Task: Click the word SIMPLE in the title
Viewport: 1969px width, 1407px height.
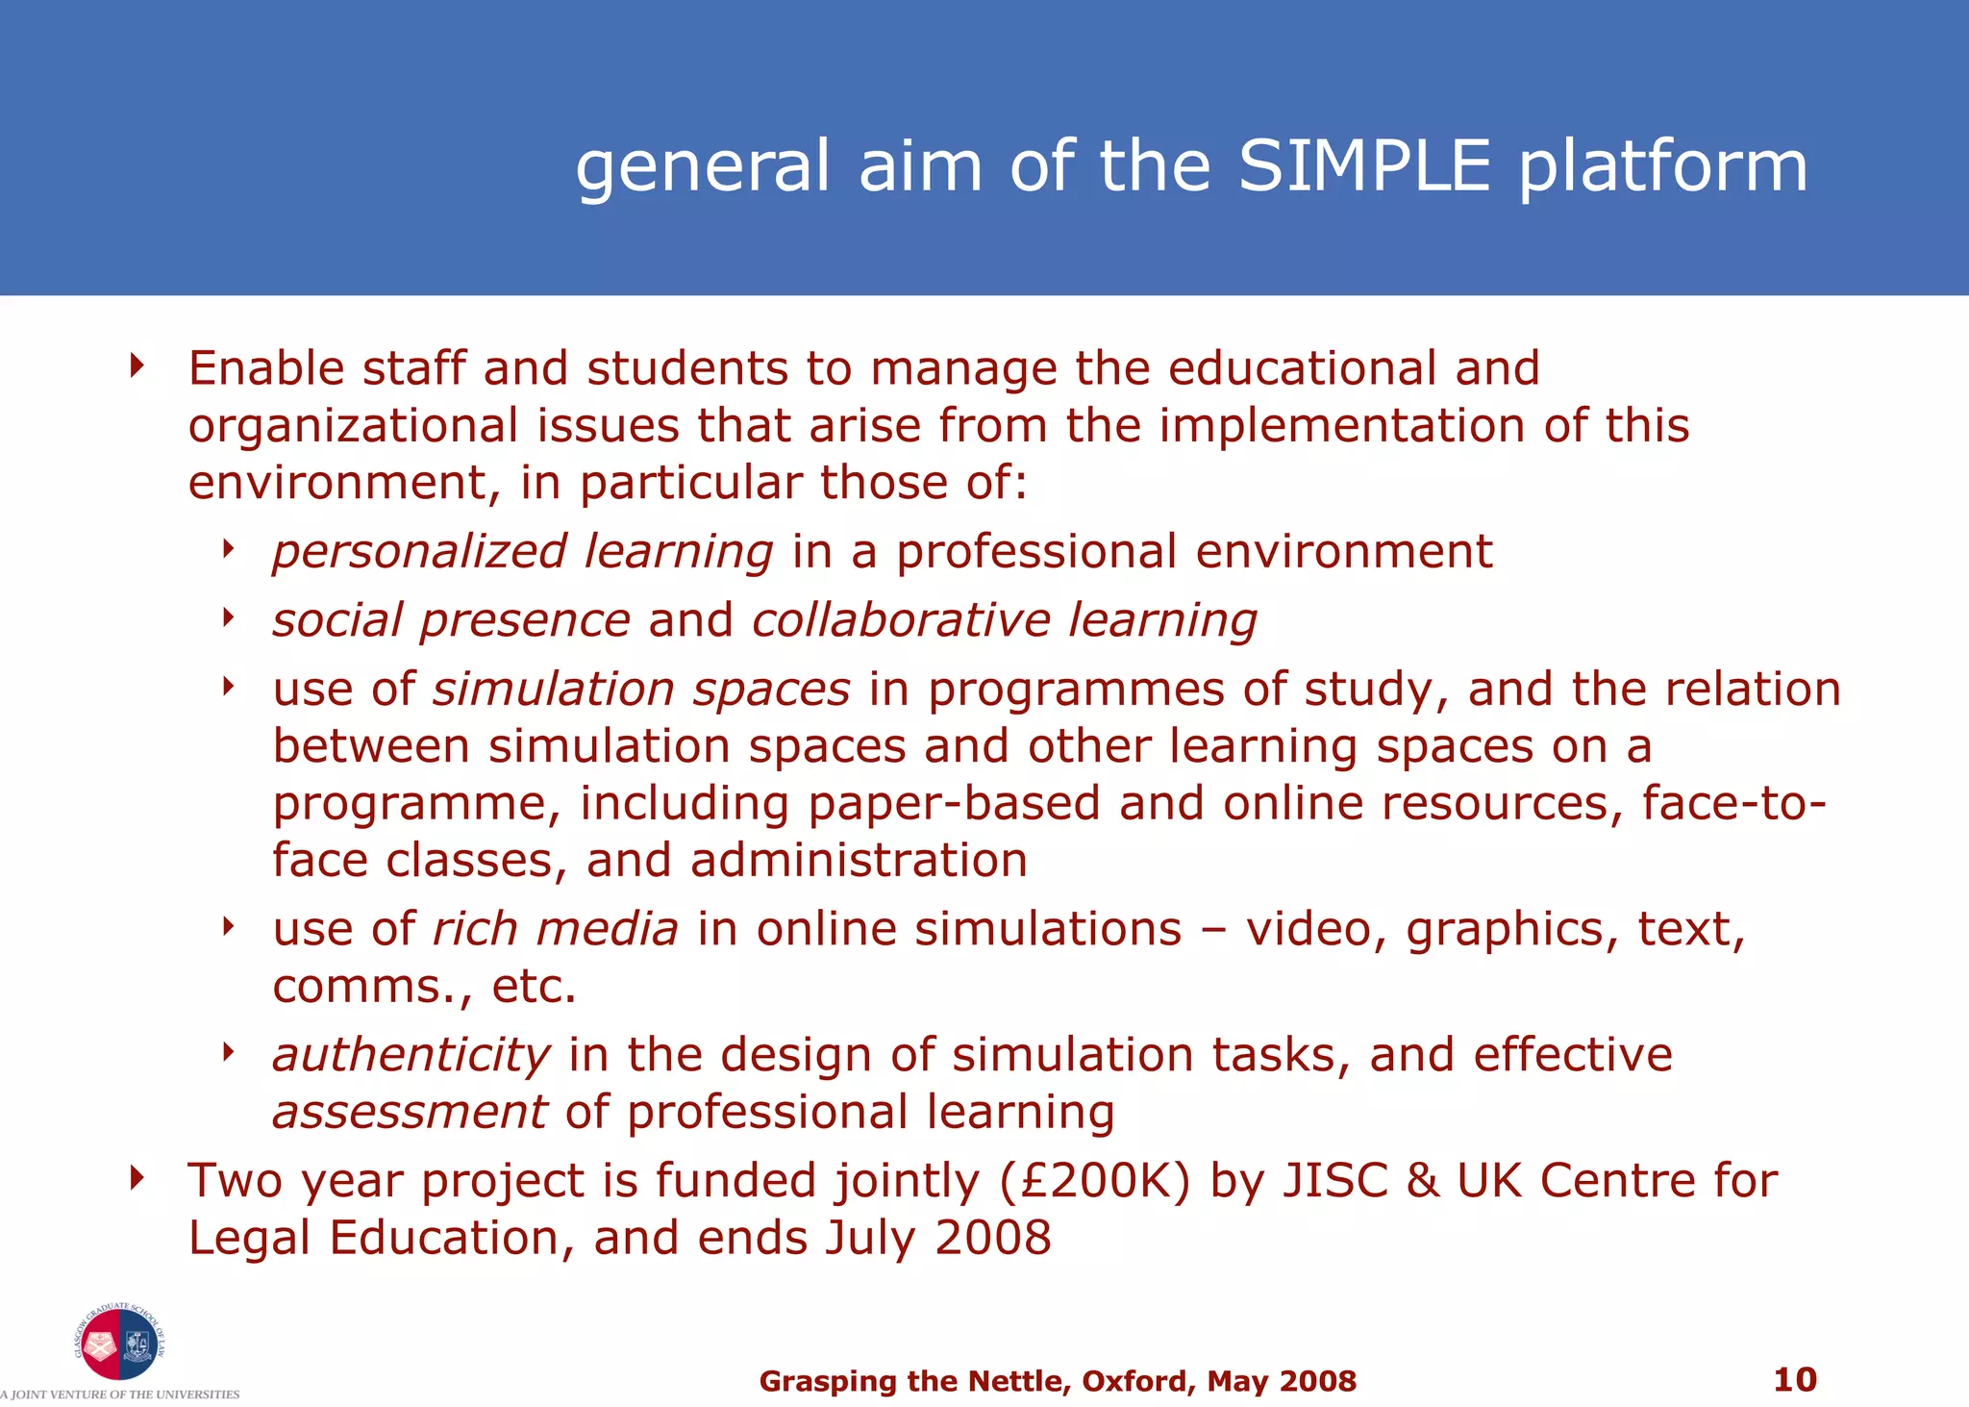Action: [1364, 165]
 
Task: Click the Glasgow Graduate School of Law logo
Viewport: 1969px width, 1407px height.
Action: [119, 1344]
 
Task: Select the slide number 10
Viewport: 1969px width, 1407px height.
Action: [1794, 1379]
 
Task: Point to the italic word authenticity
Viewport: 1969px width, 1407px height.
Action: [411, 1055]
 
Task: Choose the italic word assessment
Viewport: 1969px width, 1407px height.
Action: [411, 1112]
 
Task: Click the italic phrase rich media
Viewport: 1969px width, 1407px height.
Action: [556, 929]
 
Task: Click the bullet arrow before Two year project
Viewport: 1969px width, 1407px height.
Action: [137, 1176]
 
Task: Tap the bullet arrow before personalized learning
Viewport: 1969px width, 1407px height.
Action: [228, 548]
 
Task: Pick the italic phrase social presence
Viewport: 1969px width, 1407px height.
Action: [452, 620]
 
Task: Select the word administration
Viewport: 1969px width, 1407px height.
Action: [860, 860]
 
